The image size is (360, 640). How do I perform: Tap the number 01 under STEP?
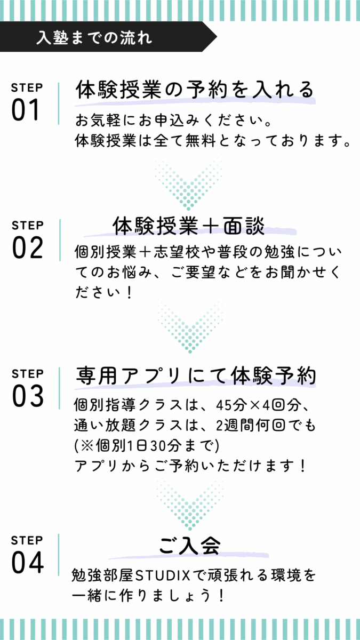(x=25, y=110)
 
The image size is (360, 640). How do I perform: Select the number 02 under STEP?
(x=27, y=247)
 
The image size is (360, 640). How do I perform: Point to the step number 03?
(x=28, y=396)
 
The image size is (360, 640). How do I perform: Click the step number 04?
(x=27, y=562)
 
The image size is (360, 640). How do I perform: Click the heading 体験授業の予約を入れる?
(x=195, y=90)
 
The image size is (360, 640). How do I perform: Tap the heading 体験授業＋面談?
(x=189, y=226)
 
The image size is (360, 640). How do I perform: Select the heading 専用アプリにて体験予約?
(x=196, y=375)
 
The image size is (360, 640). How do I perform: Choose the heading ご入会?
(x=189, y=545)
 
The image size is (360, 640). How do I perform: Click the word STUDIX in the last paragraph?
(x=163, y=575)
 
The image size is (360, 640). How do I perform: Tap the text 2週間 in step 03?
(x=235, y=425)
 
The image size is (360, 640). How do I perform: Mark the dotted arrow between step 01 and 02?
(x=189, y=183)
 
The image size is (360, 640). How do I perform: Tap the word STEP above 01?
(x=27, y=87)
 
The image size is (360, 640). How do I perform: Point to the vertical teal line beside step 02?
(x=60, y=240)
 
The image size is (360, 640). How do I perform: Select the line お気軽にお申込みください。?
(x=173, y=121)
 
